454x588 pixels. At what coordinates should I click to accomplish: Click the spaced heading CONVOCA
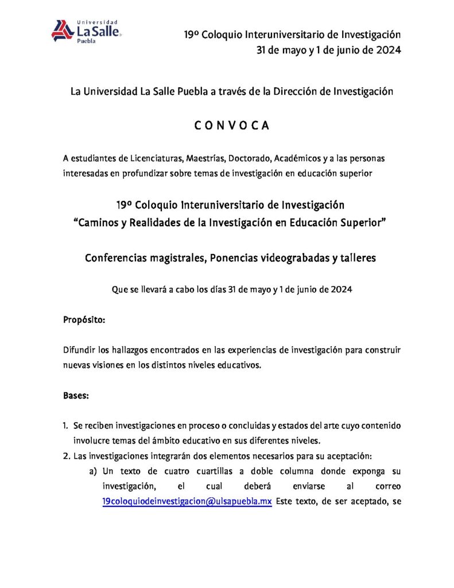232,126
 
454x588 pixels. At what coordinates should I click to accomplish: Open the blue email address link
187,501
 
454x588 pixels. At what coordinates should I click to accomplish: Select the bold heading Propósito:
84,320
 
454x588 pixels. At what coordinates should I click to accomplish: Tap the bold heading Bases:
76,396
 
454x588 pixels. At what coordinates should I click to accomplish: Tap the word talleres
357,258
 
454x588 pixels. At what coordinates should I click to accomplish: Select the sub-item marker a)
92,471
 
